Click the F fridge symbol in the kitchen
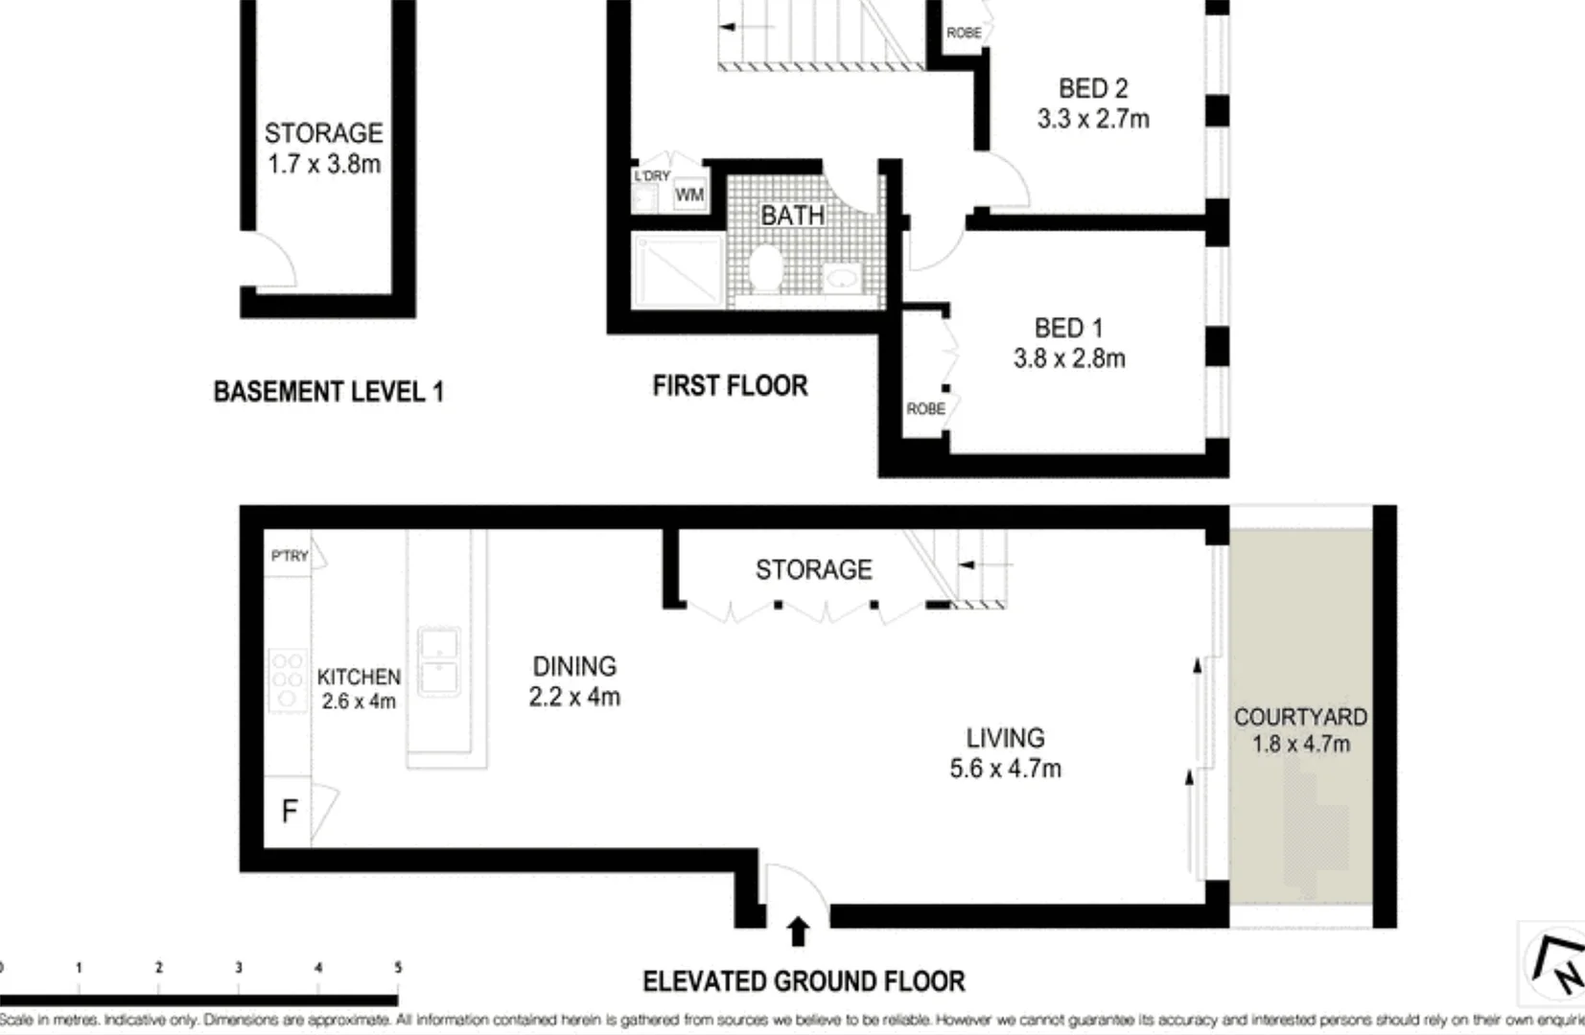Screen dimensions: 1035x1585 (x=288, y=812)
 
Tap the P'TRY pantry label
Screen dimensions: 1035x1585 (x=289, y=556)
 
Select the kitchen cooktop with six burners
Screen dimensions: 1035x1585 (x=287, y=679)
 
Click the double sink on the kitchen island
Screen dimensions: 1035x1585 (x=439, y=662)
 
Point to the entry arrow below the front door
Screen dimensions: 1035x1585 (x=798, y=931)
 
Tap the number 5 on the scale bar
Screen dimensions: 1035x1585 (x=397, y=967)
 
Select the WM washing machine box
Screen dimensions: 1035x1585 (x=689, y=195)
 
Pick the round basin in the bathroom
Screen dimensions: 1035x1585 (x=843, y=278)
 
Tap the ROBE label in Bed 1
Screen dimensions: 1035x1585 (x=925, y=409)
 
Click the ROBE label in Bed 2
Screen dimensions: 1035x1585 (x=963, y=33)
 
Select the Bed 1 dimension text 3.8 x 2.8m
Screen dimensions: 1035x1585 (x=1069, y=358)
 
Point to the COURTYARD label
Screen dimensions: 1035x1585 (x=1300, y=717)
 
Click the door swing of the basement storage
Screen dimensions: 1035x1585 (x=273, y=261)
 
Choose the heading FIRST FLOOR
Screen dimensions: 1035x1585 (x=730, y=385)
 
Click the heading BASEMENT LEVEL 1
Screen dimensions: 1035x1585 (x=328, y=391)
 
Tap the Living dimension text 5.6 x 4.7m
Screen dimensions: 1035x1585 (x=1005, y=769)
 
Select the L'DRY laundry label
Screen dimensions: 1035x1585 (x=652, y=175)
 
